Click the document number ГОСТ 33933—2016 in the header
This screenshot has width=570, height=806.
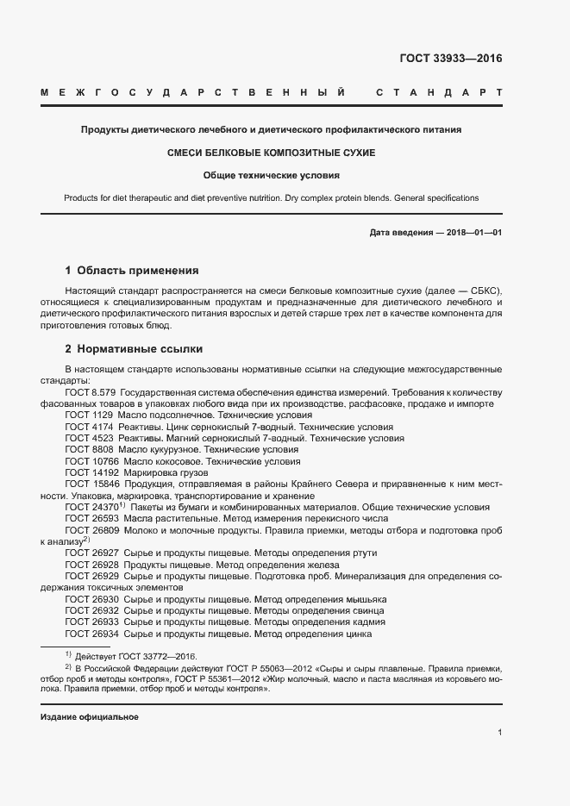click(450, 59)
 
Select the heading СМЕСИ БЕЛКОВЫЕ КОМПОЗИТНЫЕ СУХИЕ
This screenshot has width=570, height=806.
click(271, 153)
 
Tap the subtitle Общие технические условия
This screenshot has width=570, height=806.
click(271, 175)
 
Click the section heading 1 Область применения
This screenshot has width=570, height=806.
click(132, 270)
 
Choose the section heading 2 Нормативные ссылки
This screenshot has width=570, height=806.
click(134, 349)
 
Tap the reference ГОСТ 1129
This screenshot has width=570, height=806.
click(89, 415)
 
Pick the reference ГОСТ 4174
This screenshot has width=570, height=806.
click(89, 427)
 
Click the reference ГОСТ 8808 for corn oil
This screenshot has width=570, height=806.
click(89, 450)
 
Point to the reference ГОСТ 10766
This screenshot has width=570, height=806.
click(91, 461)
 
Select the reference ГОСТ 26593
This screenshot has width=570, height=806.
click(91, 519)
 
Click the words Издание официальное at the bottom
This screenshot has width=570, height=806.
click(89, 716)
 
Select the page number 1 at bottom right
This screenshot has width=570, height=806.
click(499, 733)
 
